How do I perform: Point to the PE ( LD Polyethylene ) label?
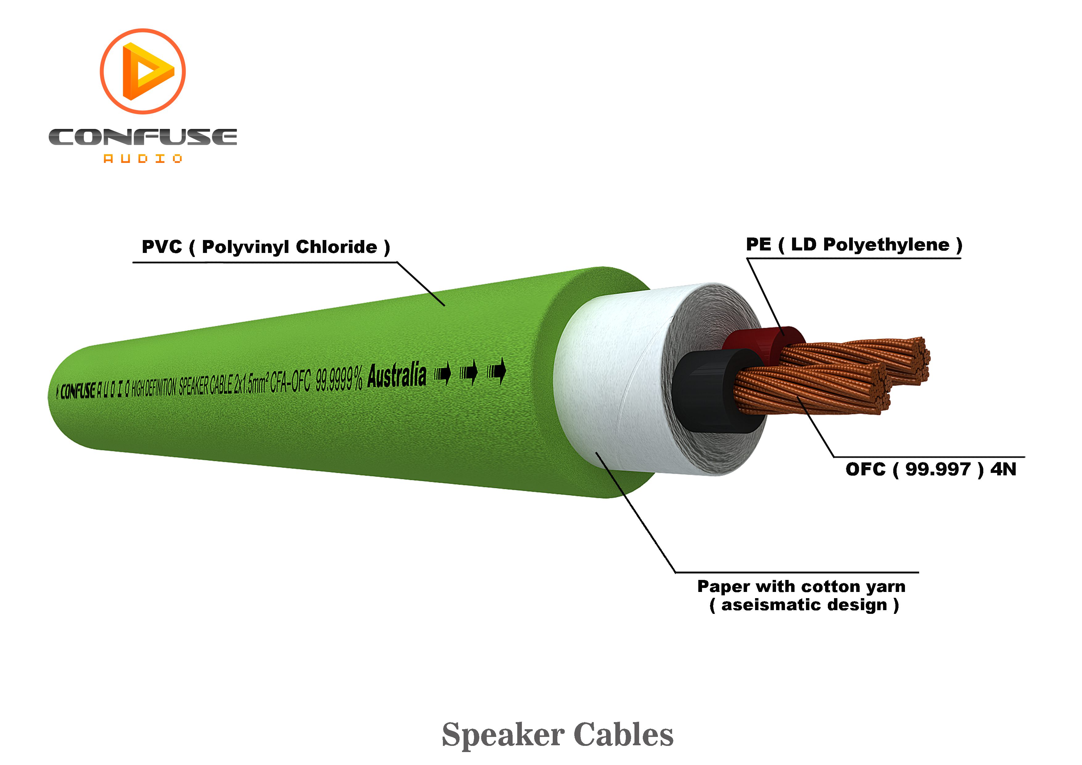[x=853, y=245]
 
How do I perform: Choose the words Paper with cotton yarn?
[x=801, y=586]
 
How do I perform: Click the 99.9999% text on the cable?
[x=338, y=379]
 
